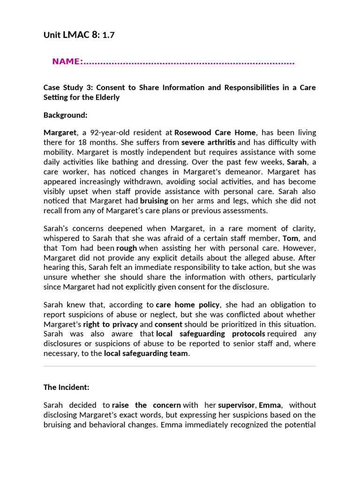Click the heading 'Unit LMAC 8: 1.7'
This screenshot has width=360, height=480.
[79, 35]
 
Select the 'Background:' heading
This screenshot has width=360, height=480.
[66, 115]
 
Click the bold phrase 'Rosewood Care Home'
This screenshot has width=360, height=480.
[215, 133]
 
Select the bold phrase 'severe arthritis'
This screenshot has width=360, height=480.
[209, 142]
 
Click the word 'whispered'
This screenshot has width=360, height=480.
[61, 238]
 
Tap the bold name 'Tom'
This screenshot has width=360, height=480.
[291, 238]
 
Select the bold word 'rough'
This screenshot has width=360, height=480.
[127, 248]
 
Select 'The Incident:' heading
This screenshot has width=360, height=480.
[66, 387]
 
